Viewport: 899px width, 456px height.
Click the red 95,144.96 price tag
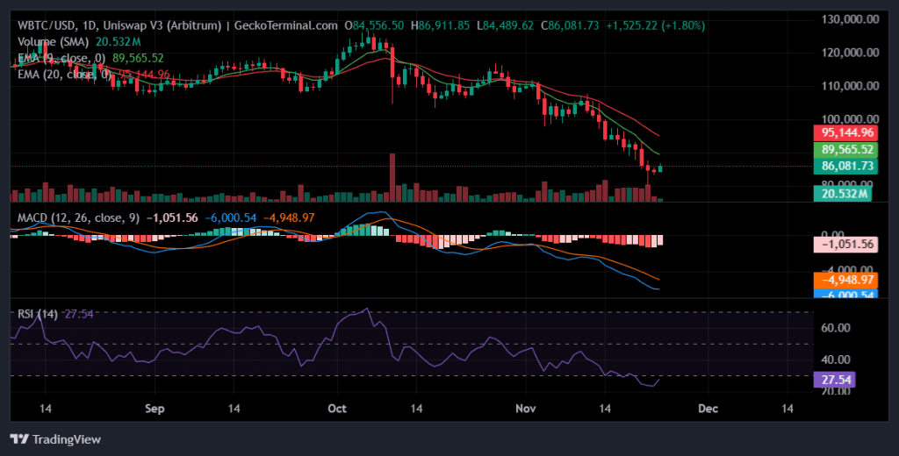pyautogui.click(x=847, y=132)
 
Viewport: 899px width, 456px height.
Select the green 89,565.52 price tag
pyautogui.click(x=847, y=149)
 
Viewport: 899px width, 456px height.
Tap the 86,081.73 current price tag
pyautogui.click(x=847, y=166)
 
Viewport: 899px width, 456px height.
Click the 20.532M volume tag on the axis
pyautogui.click(x=842, y=193)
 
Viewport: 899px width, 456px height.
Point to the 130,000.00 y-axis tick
pyautogui.click(x=848, y=19)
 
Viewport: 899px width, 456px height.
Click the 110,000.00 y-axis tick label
pyautogui.click(x=848, y=86)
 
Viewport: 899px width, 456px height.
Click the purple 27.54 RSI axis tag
pyautogui.click(x=834, y=380)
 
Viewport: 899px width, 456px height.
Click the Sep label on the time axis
pyautogui.click(x=155, y=409)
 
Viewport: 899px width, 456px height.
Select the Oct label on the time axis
pyautogui.click(x=337, y=409)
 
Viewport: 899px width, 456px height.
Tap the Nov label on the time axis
pyautogui.click(x=525, y=409)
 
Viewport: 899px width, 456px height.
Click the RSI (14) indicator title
pyautogui.click(x=36, y=314)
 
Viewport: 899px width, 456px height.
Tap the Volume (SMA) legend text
pyautogui.click(x=54, y=42)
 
